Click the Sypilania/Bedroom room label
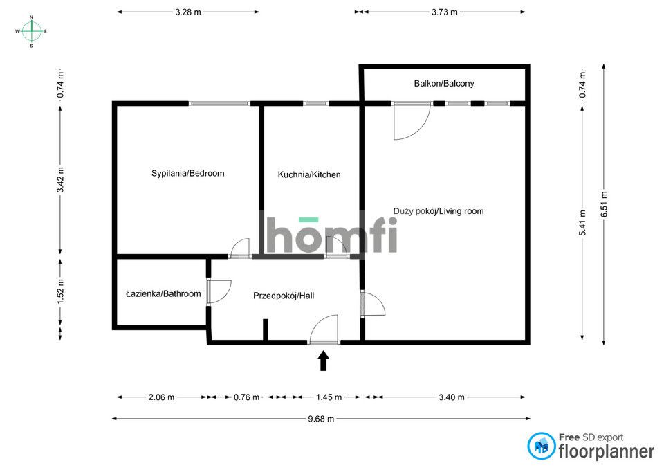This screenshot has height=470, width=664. pos(187,173)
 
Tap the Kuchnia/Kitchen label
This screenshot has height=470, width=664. pos(309,174)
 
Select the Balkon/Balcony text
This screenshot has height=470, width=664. pos(444,84)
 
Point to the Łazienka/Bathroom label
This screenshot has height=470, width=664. pos(163,293)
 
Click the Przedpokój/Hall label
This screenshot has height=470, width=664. pos(284,296)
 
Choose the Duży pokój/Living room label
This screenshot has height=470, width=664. pos(439,211)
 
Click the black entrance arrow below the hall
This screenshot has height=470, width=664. pos(324,361)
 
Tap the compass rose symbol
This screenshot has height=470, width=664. pos(31,31)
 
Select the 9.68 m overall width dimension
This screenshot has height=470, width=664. pos(321,419)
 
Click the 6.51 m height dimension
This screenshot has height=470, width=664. pos(604,204)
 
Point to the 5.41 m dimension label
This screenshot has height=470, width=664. pos(582,223)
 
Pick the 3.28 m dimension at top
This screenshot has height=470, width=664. pos(188,12)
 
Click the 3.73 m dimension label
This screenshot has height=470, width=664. pos(445,12)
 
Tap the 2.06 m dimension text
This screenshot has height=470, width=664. pos(161,397)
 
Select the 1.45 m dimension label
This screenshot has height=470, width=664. pos(329,397)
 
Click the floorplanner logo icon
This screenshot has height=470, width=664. pos(541,446)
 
